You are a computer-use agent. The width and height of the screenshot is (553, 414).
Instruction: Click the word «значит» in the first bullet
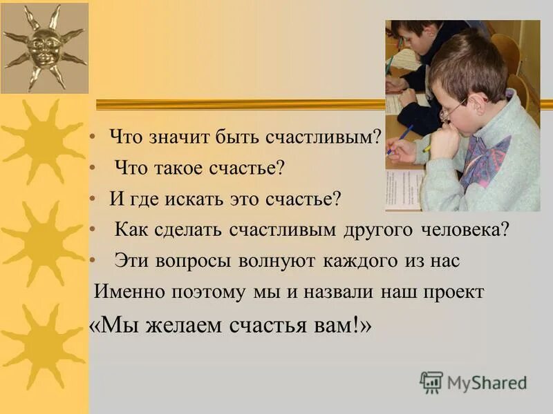point(174,137)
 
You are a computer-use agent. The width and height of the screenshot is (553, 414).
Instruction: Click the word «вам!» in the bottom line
point(341,326)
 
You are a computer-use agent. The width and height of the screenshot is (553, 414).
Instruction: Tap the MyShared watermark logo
point(474,382)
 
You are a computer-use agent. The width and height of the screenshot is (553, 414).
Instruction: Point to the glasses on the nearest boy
point(453,109)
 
